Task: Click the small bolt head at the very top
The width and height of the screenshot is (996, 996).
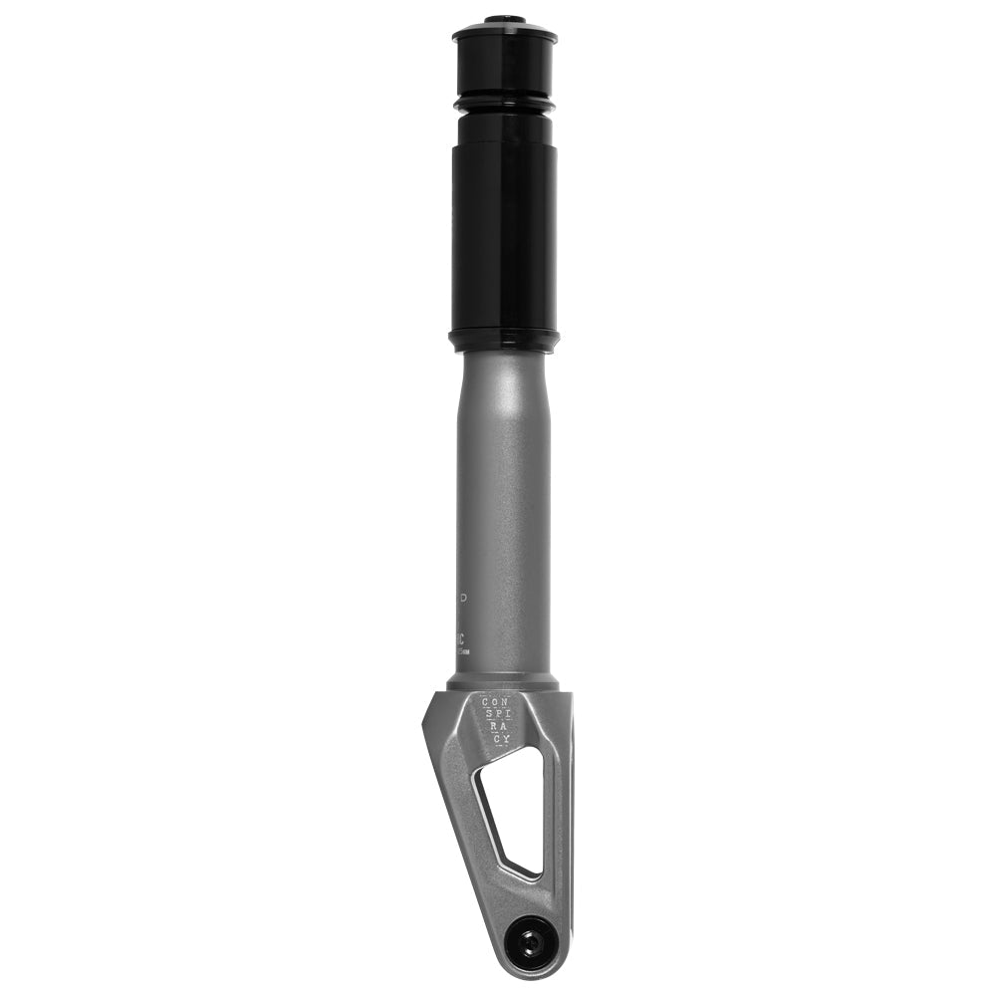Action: click(504, 19)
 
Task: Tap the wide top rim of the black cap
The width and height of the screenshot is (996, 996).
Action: click(504, 36)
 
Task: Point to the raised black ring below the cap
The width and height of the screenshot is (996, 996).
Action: click(504, 102)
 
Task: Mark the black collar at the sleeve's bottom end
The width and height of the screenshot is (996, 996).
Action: click(504, 341)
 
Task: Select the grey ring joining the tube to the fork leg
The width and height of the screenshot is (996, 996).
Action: click(504, 683)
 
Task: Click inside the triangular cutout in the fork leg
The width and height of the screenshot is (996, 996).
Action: click(518, 807)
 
